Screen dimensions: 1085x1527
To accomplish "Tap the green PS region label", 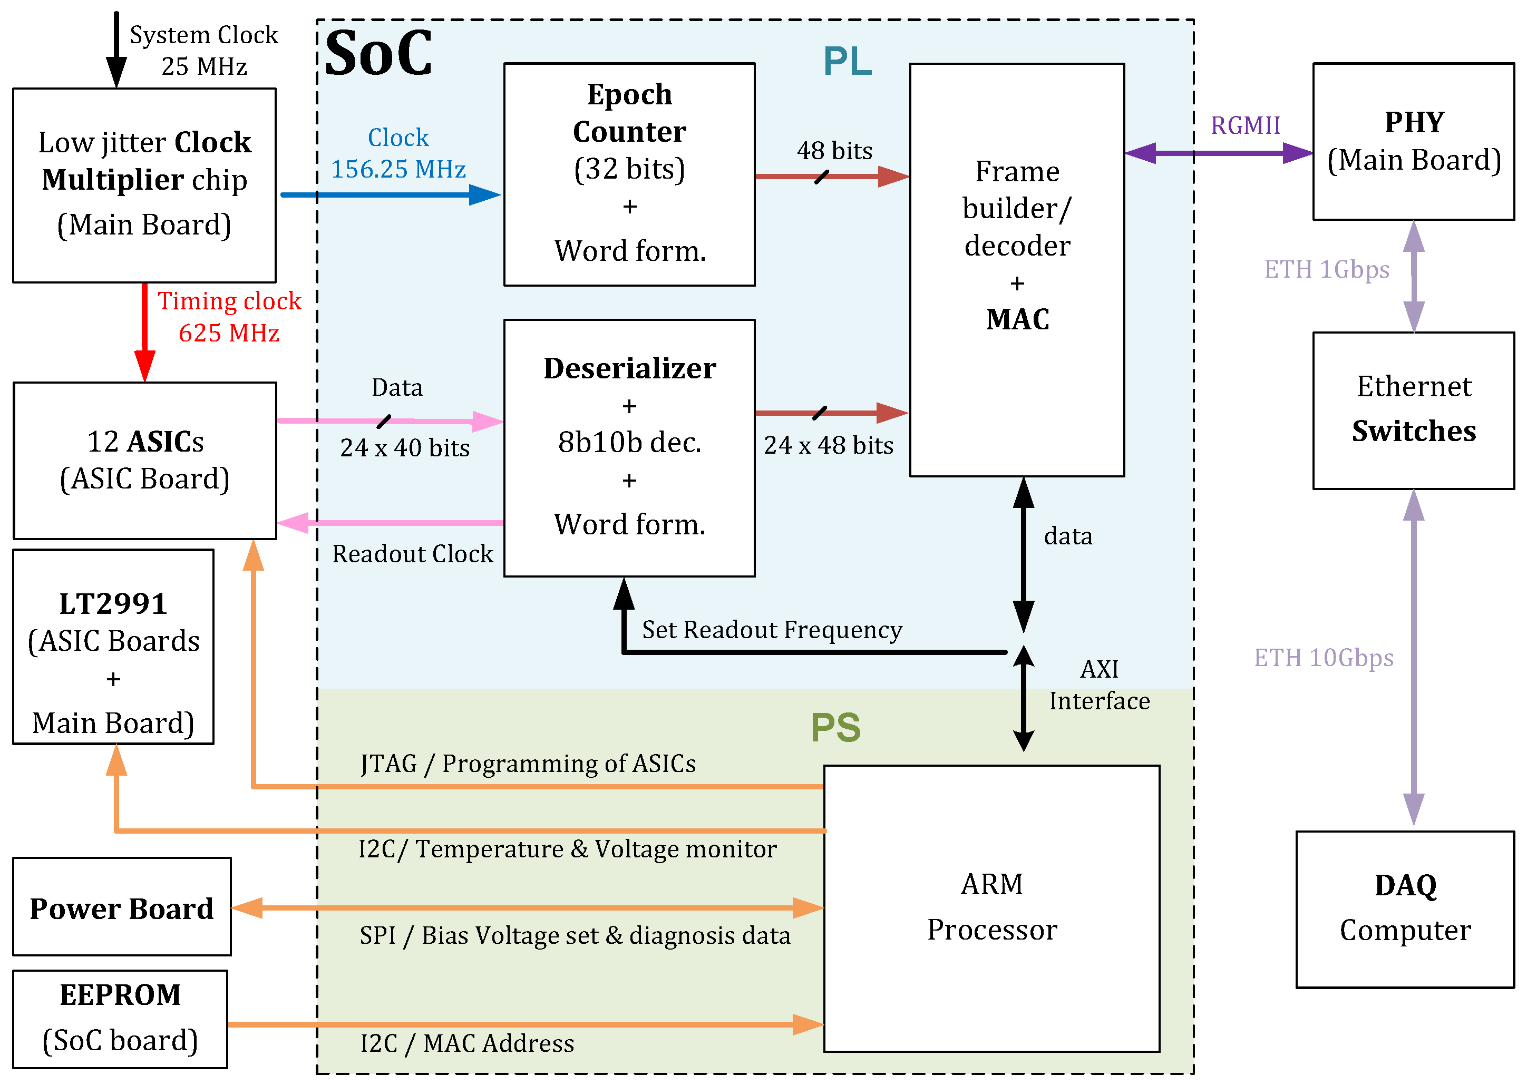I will click(x=835, y=728).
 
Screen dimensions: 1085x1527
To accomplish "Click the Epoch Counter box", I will click(x=629, y=174).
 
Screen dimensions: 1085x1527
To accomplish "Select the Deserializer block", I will click(x=629, y=447).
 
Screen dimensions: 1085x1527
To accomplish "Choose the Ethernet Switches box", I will click(x=1413, y=409).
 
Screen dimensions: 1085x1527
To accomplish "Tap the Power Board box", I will click(x=122, y=907).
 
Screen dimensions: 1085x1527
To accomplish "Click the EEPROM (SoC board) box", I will click(x=120, y=1018).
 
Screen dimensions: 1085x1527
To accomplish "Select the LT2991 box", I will click(x=113, y=646).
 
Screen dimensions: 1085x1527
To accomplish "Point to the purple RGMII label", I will click(x=1245, y=125).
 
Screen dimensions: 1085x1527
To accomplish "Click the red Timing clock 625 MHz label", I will click(x=229, y=317).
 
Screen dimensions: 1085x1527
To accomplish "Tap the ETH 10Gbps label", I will click(x=1323, y=658).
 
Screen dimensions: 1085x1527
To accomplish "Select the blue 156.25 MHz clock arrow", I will click(x=391, y=195).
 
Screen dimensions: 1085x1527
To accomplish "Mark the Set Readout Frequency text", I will click(x=771, y=630).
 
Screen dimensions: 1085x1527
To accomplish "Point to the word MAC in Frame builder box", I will click(x=1017, y=319).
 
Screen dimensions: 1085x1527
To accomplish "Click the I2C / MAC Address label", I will click(x=466, y=1043).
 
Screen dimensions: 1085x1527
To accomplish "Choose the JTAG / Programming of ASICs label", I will click(x=528, y=764).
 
